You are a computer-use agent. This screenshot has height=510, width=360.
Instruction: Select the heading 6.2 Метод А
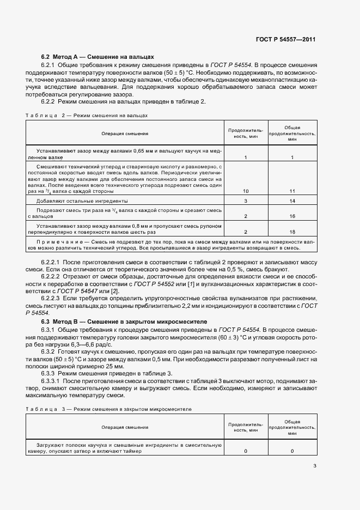click(98, 57)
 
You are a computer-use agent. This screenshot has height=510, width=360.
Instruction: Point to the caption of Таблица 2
click(87, 116)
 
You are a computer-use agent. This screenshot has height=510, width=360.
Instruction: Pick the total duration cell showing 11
click(292, 191)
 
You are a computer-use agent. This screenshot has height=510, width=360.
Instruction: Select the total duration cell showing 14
click(292, 201)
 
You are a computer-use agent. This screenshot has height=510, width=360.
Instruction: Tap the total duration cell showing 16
click(292, 216)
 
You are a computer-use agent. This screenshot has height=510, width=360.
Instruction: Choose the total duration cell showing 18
click(292, 232)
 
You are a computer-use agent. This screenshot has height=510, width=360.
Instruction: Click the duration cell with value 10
click(246, 191)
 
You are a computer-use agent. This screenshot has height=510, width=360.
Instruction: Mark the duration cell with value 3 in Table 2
click(246, 201)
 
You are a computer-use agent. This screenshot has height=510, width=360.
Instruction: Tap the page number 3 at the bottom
click(315, 465)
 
